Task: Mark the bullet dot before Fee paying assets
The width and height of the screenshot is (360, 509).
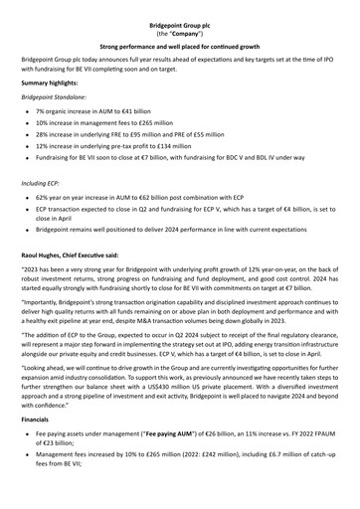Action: pos(39,463)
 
